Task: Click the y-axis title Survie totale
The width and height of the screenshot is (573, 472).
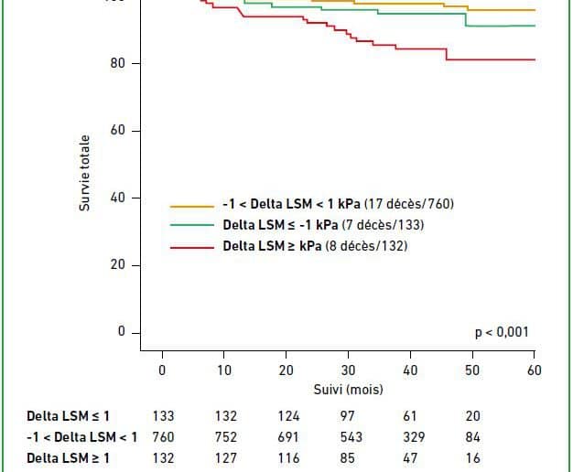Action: [x=84, y=174]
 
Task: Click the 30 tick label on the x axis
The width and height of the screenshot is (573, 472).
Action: [x=348, y=370]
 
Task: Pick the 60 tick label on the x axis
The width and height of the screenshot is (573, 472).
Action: [x=535, y=370]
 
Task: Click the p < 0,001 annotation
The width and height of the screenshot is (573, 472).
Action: [x=501, y=333]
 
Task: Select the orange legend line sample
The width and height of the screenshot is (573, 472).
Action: [x=191, y=205]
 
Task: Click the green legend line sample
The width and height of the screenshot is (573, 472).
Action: [x=191, y=225]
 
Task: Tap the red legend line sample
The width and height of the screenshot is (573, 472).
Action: [x=191, y=246]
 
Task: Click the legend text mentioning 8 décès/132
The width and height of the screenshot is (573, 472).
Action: [x=316, y=246]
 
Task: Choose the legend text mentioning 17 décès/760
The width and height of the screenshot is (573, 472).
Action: [x=339, y=204]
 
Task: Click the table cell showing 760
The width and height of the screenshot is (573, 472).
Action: [x=162, y=436]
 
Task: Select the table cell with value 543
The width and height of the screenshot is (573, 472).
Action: [x=348, y=436]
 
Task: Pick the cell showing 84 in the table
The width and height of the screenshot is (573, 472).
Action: [x=472, y=436]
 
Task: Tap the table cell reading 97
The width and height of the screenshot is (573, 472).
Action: [x=348, y=415]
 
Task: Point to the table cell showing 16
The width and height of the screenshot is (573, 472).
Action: [x=472, y=457]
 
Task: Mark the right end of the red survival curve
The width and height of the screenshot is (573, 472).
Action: [x=535, y=59]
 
